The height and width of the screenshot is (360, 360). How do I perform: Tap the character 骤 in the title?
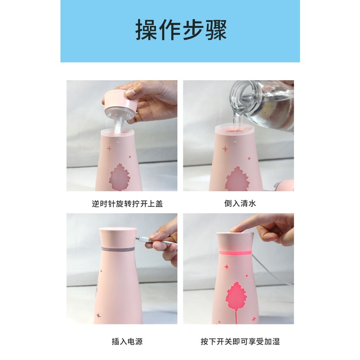coord(215,30)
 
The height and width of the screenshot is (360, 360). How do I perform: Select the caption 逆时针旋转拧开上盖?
coord(127,204)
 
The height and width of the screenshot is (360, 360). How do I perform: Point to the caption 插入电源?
coord(127,342)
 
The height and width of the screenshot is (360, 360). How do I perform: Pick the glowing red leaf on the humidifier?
coord(235,295)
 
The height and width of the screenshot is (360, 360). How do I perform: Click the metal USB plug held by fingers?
coord(141,238)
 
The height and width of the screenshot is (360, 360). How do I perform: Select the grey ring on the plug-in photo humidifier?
coord(120,250)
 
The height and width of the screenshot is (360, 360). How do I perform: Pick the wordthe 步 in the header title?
coord(192,30)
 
